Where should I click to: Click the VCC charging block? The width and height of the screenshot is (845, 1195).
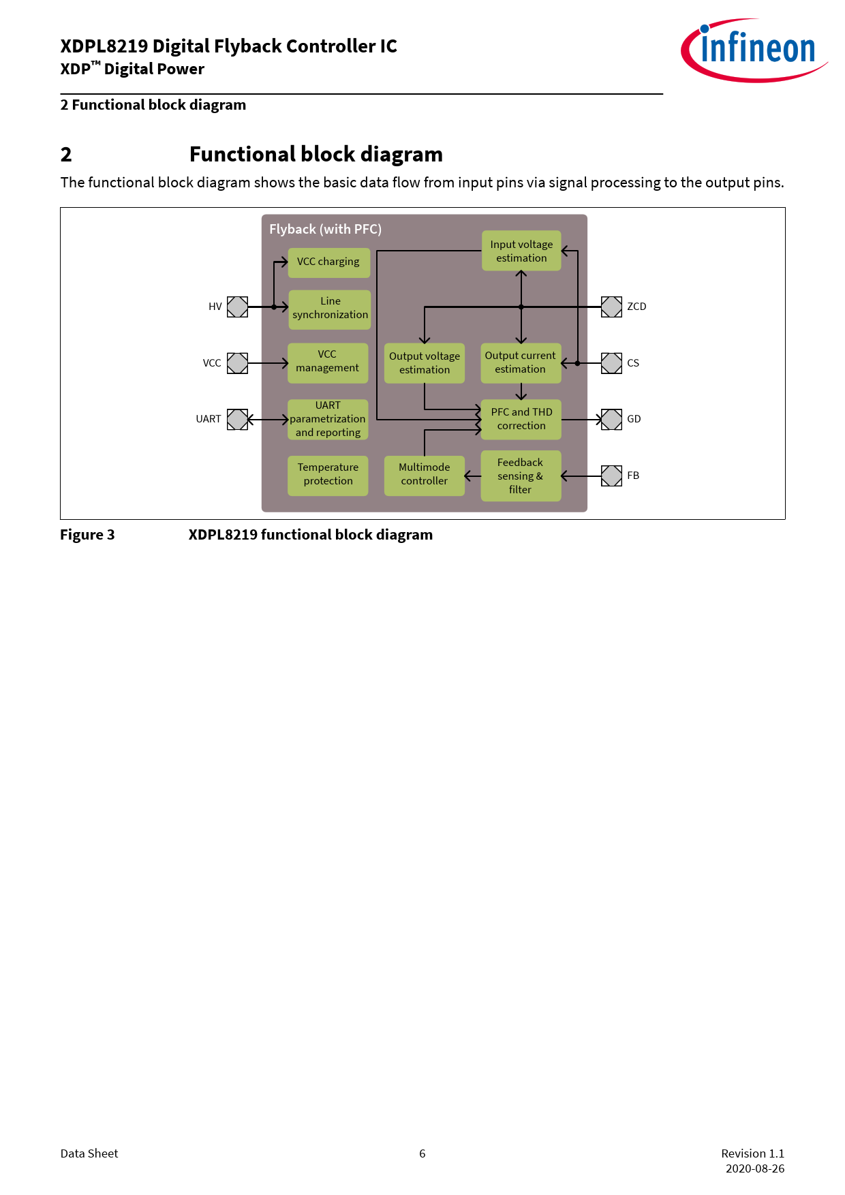[x=328, y=262]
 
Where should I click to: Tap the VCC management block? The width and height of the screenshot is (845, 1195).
[x=328, y=362]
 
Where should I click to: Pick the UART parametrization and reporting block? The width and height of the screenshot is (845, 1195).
[x=328, y=419]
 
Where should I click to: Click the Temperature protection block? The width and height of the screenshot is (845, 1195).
[x=328, y=476]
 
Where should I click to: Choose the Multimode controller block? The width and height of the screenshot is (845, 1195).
[x=424, y=476]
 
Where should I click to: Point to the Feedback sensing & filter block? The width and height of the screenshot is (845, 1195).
[x=521, y=476]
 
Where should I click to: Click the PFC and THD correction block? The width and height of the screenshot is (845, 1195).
[x=521, y=419]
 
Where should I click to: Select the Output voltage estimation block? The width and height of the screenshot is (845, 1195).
[x=424, y=362]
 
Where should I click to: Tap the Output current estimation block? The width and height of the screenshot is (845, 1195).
[x=521, y=362]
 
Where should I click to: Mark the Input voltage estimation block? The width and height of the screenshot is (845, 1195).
[x=521, y=251]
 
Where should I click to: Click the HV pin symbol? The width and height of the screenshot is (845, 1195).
[x=237, y=307]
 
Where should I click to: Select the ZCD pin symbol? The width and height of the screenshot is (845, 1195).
[x=611, y=307]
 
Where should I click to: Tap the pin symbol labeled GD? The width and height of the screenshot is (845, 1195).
[x=611, y=419]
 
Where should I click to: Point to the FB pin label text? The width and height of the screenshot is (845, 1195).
[x=633, y=476]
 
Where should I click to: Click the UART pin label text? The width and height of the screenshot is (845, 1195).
[x=209, y=419]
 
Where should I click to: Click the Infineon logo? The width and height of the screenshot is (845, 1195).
[x=754, y=50]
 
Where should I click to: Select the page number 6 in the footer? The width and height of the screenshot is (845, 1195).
[x=422, y=1153]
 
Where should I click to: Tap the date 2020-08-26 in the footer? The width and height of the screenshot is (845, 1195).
[x=755, y=1168]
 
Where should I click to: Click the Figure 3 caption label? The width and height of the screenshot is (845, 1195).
[x=87, y=535]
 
